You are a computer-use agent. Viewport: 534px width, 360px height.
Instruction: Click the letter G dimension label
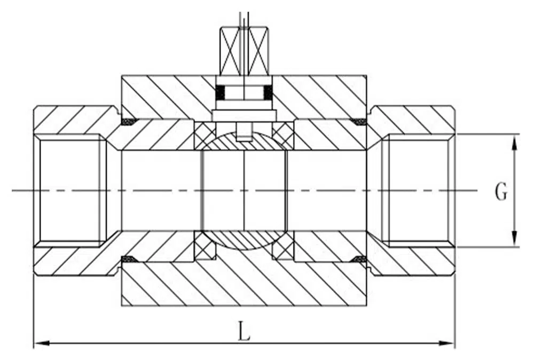click(501, 191)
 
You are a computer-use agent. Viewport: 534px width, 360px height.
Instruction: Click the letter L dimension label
click(244, 331)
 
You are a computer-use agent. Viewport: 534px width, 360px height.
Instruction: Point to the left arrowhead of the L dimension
click(43, 342)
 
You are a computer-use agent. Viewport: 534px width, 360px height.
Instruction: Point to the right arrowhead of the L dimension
click(446, 342)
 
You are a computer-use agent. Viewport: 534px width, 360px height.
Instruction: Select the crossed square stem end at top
click(245, 51)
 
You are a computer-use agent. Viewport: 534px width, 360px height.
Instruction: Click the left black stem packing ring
click(222, 92)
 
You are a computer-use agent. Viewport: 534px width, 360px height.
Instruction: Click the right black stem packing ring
click(268, 92)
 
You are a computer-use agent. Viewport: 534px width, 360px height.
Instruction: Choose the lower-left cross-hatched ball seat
click(204, 245)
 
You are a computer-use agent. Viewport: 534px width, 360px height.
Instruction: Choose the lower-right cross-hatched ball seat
click(284, 245)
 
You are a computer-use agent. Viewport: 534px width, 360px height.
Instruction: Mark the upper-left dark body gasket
click(129, 121)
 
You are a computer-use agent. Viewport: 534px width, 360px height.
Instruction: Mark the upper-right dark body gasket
click(359, 121)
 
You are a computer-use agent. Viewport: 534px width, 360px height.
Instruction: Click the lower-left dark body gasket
click(129, 259)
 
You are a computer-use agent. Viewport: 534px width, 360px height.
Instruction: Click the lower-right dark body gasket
click(359, 259)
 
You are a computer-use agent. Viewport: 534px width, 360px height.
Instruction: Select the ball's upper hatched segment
click(244, 143)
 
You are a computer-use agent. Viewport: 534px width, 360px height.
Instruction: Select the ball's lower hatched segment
click(244, 240)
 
